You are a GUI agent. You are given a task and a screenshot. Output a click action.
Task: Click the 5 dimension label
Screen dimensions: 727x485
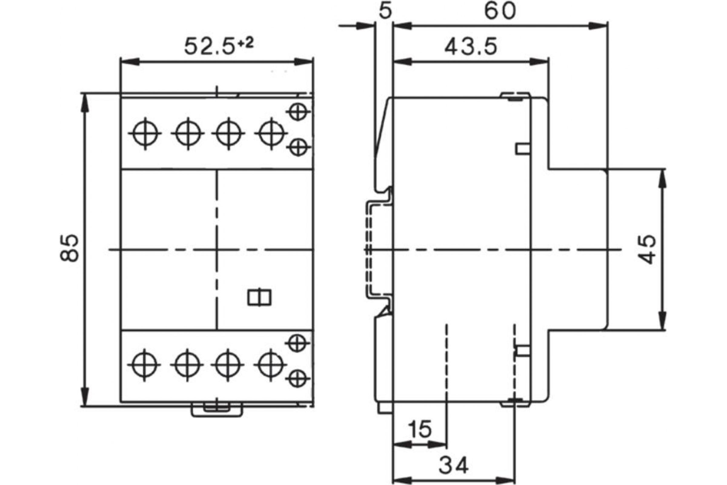click(385, 12)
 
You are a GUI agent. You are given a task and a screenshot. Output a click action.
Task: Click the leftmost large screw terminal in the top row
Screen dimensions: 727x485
click(145, 134)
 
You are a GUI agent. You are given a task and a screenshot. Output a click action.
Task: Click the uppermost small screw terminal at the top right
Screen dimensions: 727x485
click(298, 112)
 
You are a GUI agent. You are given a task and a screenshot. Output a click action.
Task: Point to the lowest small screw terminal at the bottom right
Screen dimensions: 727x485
click(298, 378)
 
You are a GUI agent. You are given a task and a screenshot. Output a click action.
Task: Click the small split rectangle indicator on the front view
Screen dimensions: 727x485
click(259, 298)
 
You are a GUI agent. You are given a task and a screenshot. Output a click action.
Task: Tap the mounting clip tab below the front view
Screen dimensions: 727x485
click(217, 410)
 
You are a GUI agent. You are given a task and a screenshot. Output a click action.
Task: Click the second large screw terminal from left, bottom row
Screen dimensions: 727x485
click(187, 365)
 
